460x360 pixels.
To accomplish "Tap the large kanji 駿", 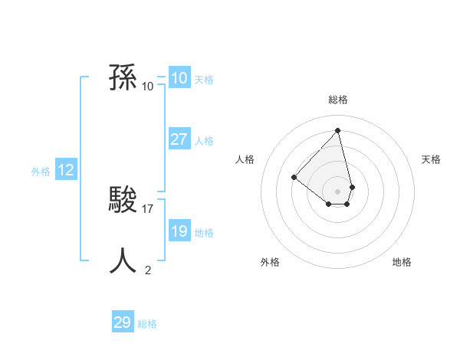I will coord(123,201).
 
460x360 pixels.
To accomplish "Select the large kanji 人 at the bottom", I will coord(123,260).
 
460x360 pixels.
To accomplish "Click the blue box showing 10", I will coord(179,78).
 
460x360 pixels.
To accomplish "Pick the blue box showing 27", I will coord(179,139).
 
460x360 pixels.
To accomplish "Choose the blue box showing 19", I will coord(179,231).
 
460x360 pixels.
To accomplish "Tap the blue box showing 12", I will coord(66,171).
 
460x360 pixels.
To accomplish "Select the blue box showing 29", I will coord(123,322).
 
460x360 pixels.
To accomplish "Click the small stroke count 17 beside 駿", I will coord(148,208).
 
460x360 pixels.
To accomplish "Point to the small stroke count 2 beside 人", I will coord(148,270).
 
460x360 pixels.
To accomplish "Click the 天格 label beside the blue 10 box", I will coord(204,80).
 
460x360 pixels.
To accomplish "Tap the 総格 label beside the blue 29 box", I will coord(147,324).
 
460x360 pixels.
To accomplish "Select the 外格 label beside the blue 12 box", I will coord(41,172).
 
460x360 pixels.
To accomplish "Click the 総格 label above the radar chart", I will coord(338,100).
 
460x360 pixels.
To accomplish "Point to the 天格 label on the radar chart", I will coord(432,159).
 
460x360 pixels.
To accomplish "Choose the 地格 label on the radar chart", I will coord(402,262).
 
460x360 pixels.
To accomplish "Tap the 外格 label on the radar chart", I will coord(270,262).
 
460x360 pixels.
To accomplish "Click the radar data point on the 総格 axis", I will coord(338,130).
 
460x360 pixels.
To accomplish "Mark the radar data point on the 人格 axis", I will coord(294,177).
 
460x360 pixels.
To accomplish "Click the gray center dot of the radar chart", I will coord(338,191).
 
